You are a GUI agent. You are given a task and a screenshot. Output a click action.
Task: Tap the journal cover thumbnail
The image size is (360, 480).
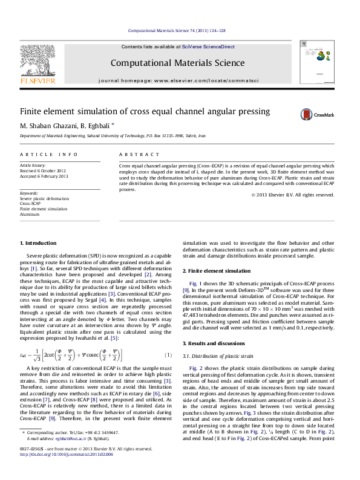click(313, 63)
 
